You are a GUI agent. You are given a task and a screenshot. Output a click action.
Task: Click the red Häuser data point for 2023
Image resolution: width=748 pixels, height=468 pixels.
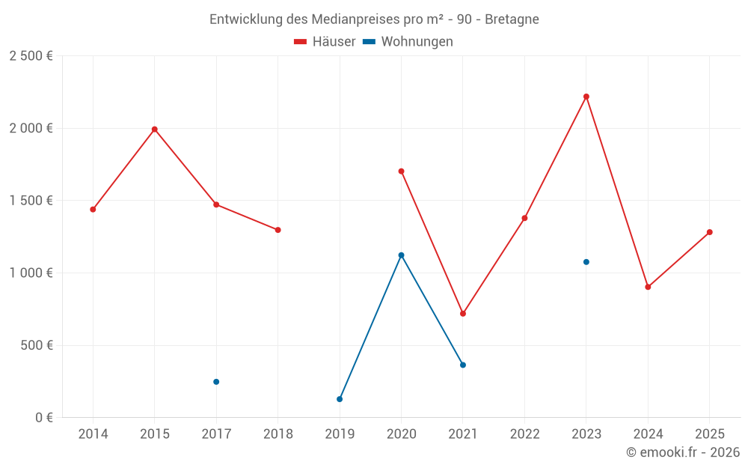pyautogui.click(x=586, y=97)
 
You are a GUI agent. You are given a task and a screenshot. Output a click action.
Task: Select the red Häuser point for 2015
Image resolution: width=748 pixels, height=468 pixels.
pyautogui.click(x=155, y=130)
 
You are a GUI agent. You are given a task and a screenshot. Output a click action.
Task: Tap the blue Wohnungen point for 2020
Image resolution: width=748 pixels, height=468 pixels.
pyautogui.click(x=401, y=255)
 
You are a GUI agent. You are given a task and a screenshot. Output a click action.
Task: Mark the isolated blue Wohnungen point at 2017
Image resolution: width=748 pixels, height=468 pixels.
pyautogui.click(x=216, y=382)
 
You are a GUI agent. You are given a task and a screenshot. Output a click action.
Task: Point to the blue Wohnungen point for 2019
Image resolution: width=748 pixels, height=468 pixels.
pyautogui.click(x=340, y=399)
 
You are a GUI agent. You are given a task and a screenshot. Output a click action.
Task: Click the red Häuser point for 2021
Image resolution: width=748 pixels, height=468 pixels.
pyautogui.click(x=463, y=314)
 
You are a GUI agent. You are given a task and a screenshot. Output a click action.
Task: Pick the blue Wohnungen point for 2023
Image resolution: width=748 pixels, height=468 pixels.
pyautogui.click(x=586, y=262)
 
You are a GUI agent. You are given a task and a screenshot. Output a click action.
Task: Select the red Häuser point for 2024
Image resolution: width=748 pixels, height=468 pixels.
pyautogui.click(x=648, y=287)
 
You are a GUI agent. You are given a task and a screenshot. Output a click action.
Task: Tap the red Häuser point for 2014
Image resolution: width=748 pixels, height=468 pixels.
pyautogui.click(x=93, y=210)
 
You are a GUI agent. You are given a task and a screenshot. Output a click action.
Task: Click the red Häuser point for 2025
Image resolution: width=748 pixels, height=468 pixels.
pyautogui.click(x=709, y=232)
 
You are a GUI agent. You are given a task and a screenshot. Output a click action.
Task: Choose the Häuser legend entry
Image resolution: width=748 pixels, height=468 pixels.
pyautogui.click(x=325, y=42)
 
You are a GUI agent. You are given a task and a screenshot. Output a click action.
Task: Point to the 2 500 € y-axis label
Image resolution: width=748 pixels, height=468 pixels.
pyautogui.click(x=31, y=56)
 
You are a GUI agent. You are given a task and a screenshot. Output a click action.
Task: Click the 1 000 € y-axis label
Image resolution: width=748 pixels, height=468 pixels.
pyautogui.click(x=31, y=273)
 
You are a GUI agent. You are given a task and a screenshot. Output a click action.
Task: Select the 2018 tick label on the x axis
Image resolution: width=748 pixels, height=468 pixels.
pyautogui.click(x=278, y=434)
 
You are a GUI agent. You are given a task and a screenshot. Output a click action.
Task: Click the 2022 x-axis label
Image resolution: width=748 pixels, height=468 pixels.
pyautogui.click(x=524, y=434)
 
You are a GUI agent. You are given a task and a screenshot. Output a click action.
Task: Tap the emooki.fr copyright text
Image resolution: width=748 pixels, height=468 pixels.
pyautogui.click(x=683, y=452)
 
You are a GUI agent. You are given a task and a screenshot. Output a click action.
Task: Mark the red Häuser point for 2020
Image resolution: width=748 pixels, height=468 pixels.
pyautogui.click(x=401, y=171)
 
